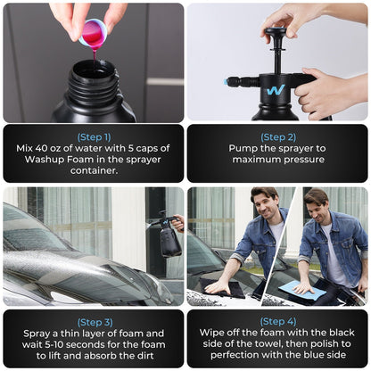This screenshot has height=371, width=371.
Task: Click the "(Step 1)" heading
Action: (94, 137)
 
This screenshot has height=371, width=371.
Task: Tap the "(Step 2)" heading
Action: (278, 137)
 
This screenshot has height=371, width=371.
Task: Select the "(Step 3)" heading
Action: (95, 322)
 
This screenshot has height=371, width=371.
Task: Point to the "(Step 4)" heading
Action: (278, 321)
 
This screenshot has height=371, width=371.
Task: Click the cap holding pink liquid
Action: (94, 33)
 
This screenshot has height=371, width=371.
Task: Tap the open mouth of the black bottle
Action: (94, 71)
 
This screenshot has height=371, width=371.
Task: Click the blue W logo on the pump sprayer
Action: (276, 90)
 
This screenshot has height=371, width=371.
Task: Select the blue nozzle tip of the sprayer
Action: (226, 83)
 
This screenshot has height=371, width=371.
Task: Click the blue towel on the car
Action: (302, 290)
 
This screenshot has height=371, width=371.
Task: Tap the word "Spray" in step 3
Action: (37, 334)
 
